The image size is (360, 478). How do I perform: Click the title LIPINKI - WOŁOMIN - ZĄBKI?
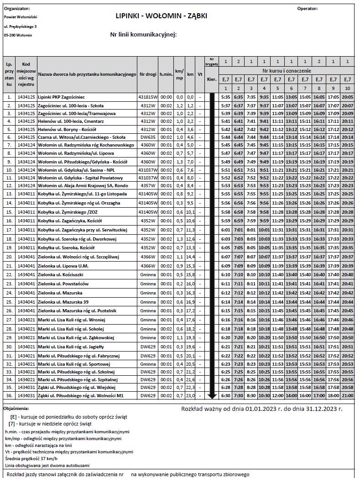click(162, 16)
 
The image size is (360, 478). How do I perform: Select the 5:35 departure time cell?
click(225, 97)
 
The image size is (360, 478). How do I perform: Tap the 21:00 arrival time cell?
click(347, 395)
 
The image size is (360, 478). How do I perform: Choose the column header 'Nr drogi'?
click(148, 74)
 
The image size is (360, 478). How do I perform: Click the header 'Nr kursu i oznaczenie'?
click(287, 71)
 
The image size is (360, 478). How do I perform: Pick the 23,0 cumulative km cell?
click(190, 395)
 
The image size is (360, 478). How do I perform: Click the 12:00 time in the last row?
click(278, 395)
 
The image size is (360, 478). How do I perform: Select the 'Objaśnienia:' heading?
click(16, 409)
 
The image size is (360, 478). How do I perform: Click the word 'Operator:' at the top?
click(307, 9)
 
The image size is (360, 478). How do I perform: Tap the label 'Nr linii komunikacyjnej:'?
click(143, 34)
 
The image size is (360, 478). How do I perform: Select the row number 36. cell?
click(9, 395)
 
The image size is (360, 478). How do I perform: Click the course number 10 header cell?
click(347, 88)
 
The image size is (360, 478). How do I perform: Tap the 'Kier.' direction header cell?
click(212, 79)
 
